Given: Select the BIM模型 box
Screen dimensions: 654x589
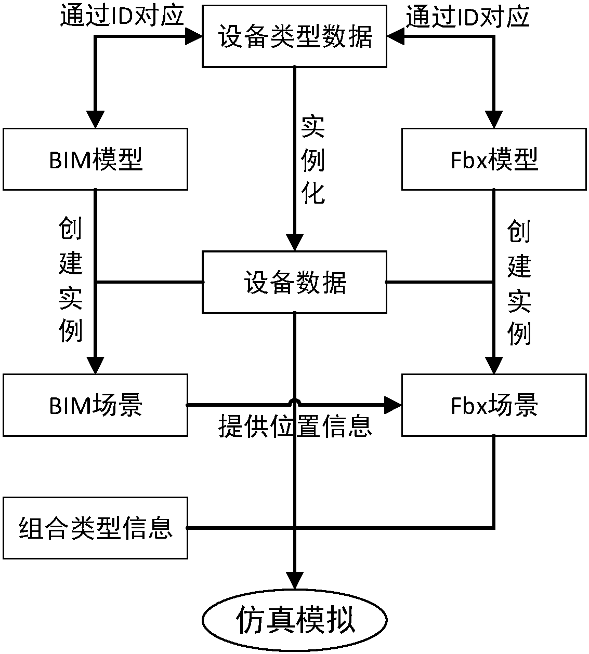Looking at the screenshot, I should coord(95,159).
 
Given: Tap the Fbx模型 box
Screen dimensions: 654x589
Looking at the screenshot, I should coord(494,159).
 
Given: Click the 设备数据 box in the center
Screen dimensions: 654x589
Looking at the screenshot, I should coord(294,282).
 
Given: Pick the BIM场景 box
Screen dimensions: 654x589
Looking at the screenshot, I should coord(95,405).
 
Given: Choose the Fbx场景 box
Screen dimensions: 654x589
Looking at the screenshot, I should coord(494,405).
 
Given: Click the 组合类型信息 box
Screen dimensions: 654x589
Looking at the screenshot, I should coord(95,528).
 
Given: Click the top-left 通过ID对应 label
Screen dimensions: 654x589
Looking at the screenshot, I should coord(122,16).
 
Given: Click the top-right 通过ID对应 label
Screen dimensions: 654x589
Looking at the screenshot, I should coord(467,16).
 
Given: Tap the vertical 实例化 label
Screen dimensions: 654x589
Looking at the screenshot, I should coord(313,161).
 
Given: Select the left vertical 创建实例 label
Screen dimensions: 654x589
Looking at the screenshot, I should coord(71,281).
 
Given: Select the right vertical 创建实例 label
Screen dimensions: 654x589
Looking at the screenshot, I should coord(519,281).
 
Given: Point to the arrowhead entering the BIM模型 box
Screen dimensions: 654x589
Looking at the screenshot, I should coord(95,119).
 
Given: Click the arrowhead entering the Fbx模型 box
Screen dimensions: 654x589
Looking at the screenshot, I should coord(494,119).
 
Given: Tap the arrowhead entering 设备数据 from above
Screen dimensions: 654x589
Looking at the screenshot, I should coord(295,243).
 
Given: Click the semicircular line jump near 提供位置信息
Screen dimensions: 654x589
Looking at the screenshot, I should coord(295,402).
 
